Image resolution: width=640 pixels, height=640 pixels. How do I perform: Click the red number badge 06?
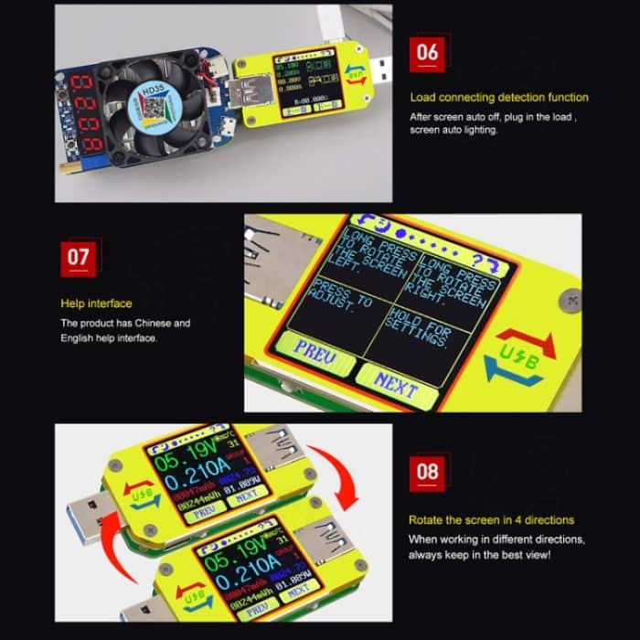(428, 52)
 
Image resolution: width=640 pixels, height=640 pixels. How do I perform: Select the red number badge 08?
(428, 473)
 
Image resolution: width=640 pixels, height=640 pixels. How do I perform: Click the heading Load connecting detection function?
(499, 98)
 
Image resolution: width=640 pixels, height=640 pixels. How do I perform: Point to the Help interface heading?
(96, 304)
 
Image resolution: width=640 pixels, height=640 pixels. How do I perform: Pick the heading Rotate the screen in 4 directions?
(491, 520)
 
